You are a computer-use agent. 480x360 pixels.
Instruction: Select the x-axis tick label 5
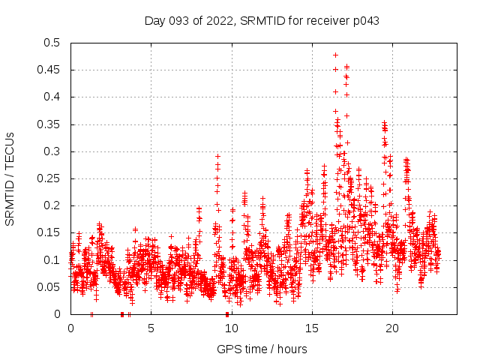pos(151,328)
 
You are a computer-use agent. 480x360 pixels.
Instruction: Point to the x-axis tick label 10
pos(231,328)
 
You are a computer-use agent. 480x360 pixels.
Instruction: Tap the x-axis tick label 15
pos(311,328)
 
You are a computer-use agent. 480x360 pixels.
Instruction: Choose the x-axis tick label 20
pos(391,328)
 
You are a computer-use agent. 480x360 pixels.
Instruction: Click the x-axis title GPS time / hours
pos(262,349)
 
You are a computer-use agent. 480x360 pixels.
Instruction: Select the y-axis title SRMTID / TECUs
pos(10,178)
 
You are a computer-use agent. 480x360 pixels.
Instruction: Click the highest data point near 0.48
pos(335,55)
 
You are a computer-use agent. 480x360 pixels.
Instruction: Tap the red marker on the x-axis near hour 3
pos(122,314)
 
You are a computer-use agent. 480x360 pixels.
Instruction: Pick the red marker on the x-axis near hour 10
pos(227,314)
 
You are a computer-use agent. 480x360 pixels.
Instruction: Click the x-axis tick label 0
pos(70,328)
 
